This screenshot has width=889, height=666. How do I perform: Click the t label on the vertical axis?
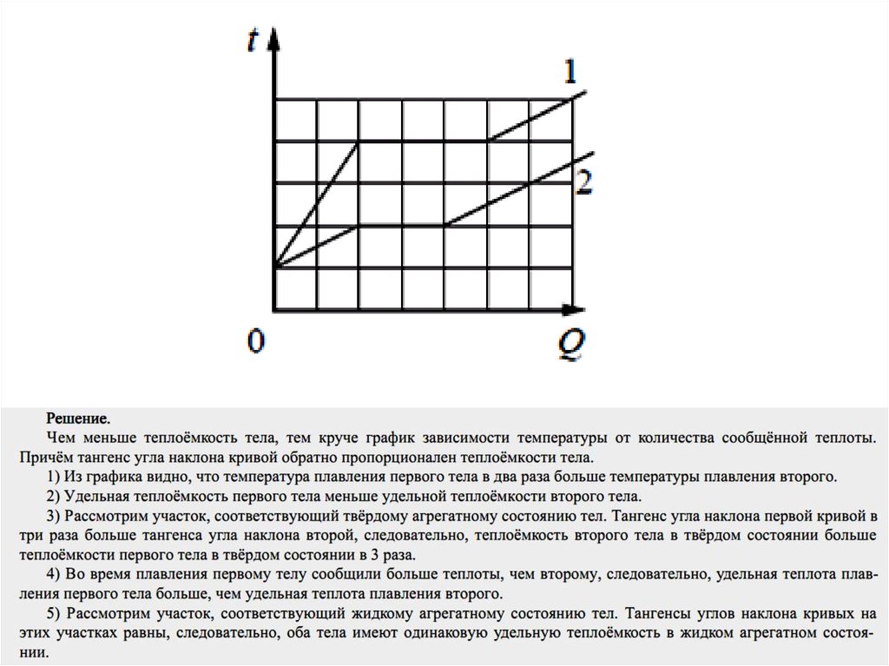click(x=253, y=42)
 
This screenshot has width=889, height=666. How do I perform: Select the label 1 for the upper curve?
click(x=570, y=72)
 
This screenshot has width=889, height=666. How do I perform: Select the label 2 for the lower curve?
click(x=583, y=182)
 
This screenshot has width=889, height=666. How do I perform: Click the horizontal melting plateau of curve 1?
click(x=423, y=141)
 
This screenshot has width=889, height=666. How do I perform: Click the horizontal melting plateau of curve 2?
click(x=401, y=225)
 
